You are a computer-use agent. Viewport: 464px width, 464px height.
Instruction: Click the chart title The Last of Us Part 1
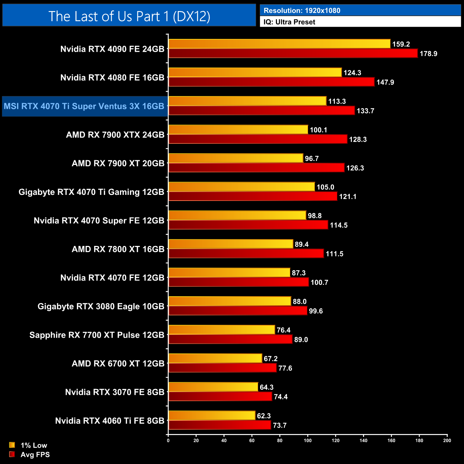pos(129,16)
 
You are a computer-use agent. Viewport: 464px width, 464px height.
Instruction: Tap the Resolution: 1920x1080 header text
pos(302,11)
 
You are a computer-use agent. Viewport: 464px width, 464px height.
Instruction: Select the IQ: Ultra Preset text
pos(289,22)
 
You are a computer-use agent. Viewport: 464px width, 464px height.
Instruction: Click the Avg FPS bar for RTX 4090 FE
pos(293,54)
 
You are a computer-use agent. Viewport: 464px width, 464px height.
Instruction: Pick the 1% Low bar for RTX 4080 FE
pos(255,72)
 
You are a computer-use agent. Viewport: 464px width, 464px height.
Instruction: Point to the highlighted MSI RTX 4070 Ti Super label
pos(84,106)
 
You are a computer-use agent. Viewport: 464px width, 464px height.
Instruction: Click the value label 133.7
pos(365,111)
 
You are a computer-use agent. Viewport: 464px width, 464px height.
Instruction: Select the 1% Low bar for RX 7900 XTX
pos(238,130)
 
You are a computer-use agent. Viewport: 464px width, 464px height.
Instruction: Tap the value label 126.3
pos(355,168)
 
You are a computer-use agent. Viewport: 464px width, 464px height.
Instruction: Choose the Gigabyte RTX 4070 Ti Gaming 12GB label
pos(91,192)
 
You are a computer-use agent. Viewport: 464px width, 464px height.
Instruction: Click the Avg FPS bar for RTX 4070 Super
pos(248,225)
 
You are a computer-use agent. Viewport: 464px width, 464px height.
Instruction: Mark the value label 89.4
pos(302,244)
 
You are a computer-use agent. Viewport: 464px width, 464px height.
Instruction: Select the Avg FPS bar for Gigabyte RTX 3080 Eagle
pos(238,311)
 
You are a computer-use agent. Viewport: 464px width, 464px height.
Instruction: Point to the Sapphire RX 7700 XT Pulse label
pos(97,335)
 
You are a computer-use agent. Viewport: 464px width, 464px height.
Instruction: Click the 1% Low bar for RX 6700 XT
pos(215,358)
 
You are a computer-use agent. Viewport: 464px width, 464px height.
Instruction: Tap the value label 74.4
pos(281,397)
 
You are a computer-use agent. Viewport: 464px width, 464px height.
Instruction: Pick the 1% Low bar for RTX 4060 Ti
pos(212,415)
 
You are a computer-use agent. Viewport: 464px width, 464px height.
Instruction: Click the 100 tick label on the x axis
pos(308,440)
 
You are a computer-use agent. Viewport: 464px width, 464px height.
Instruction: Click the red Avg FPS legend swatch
pos(12,454)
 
